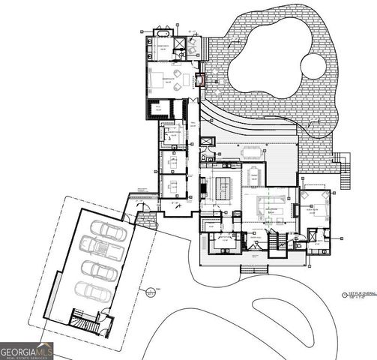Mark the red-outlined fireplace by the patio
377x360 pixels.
tap(199, 80)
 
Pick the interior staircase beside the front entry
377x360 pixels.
tap(276, 241)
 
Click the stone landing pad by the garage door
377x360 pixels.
tap(147, 220)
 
